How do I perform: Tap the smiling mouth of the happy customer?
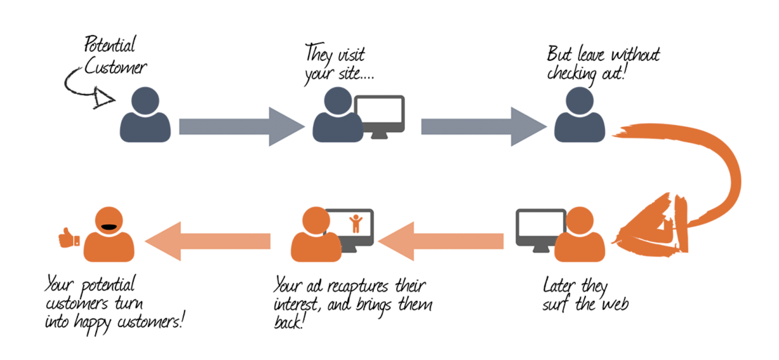tap(108, 227)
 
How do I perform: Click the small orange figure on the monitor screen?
tap(356, 224)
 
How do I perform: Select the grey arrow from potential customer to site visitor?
tap(241, 127)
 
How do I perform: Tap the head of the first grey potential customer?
tap(145, 101)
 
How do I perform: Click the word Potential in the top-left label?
tap(110, 45)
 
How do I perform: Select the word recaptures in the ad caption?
tap(358, 286)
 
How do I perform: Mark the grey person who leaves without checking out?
tap(579, 117)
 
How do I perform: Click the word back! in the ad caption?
tap(289, 322)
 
